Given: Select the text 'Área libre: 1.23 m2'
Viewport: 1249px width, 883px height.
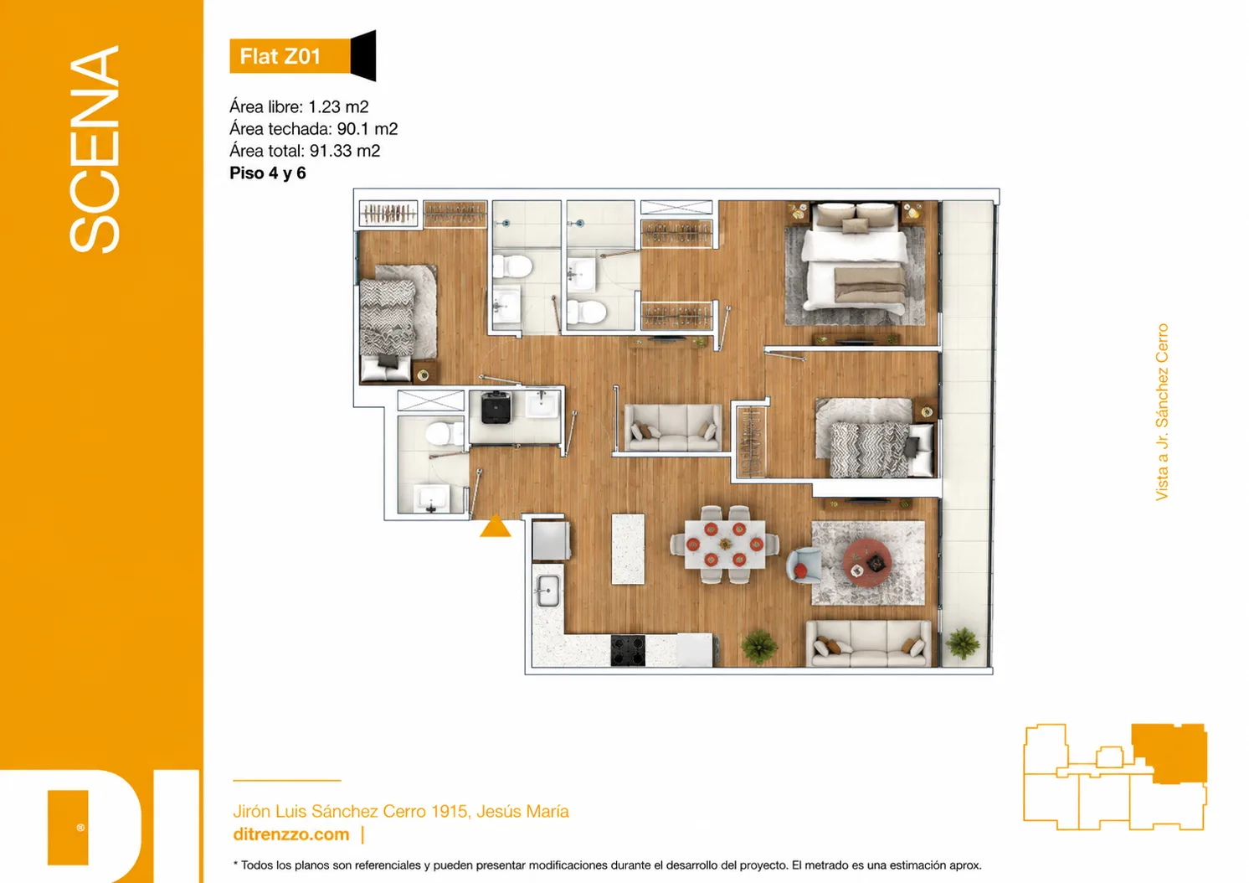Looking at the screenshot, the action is tap(299, 106).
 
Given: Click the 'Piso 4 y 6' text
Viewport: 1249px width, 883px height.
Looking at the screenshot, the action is tap(268, 173).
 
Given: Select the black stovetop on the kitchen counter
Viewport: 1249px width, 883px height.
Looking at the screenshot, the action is tap(628, 651).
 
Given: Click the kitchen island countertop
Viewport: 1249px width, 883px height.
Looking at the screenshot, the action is tap(628, 550).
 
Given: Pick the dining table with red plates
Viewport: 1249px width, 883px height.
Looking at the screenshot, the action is tap(725, 545).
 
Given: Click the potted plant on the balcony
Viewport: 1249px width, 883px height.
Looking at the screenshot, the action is tap(962, 643).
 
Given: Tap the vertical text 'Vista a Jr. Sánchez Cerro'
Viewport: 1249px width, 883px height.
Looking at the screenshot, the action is tap(1162, 412).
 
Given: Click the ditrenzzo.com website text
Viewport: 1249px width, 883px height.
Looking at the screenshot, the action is tap(291, 834).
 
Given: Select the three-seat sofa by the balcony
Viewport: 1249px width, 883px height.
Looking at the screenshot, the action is tap(869, 644).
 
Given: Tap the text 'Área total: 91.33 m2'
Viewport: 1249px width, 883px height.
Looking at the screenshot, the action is tap(305, 151).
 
